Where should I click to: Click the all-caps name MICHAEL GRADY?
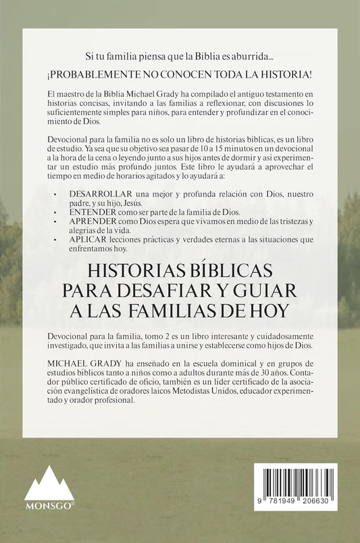[72, 363]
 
